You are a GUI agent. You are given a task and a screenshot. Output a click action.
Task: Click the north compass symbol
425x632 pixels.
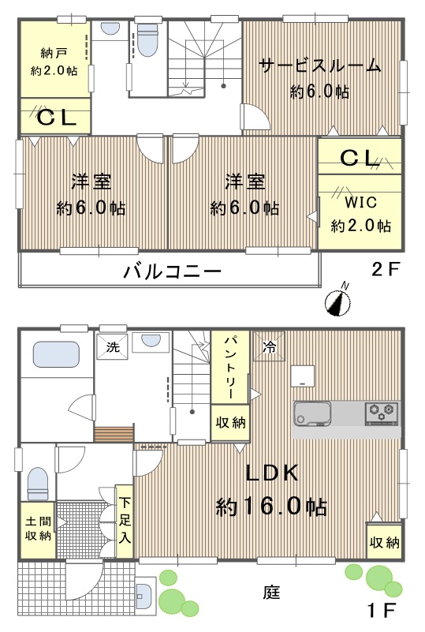[337, 301]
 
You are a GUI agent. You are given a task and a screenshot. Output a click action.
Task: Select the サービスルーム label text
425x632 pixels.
[320, 65]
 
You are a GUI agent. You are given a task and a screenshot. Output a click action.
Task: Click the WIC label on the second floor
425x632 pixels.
[360, 202]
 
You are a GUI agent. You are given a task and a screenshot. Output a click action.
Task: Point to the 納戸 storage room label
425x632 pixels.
[54, 53]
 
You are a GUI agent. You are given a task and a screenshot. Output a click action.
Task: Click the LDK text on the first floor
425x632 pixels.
[272, 473]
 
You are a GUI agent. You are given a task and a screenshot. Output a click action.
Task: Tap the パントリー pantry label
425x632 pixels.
[230, 367]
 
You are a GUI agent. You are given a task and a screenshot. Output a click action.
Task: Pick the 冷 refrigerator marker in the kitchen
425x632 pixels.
[269, 346]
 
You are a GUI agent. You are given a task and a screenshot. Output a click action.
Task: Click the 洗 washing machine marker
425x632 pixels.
[113, 346]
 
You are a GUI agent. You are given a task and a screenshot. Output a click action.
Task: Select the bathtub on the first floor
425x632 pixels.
[56, 355]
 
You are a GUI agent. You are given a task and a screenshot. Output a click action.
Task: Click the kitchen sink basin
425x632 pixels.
[312, 414]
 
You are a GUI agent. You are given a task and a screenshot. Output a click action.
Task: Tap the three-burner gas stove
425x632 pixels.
[382, 413]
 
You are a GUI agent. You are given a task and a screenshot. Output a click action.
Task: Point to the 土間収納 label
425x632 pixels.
[39, 529]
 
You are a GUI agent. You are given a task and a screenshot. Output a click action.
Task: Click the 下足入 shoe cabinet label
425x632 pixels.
[125, 521]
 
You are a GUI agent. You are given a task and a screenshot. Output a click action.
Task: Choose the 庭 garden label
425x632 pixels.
[271, 592]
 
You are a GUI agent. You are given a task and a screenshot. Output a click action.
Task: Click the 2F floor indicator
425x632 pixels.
[386, 269]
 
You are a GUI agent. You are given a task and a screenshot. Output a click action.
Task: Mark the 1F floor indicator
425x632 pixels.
[381, 611]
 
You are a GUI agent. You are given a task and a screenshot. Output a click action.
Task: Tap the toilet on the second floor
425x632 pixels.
[147, 39]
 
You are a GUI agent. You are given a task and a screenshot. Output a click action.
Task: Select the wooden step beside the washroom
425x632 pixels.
[114, 435]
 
